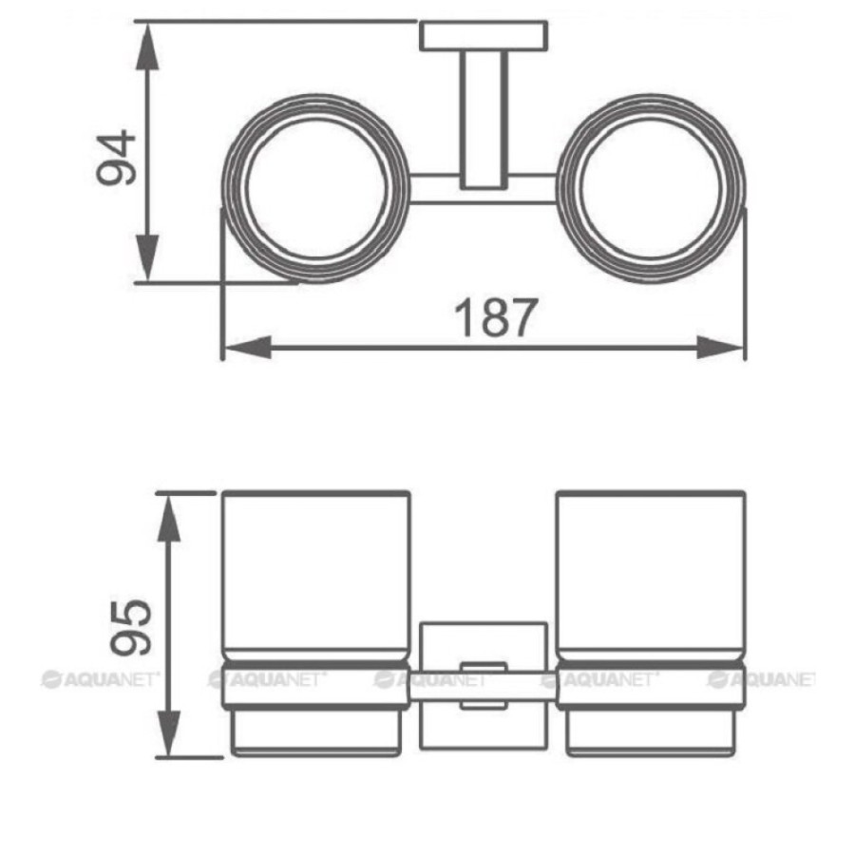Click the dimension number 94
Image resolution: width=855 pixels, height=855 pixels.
tap(116, 158)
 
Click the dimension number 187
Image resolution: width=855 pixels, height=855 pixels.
tap(496, 318)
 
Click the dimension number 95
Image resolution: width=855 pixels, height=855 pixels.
tap(130, 627)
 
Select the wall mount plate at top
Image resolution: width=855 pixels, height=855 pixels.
tap(484, 36)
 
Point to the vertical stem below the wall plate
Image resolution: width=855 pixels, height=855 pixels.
tap(484, 121)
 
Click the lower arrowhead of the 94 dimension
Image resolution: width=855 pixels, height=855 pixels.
tap(147, 257)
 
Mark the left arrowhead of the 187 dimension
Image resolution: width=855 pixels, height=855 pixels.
tap(248, 348)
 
